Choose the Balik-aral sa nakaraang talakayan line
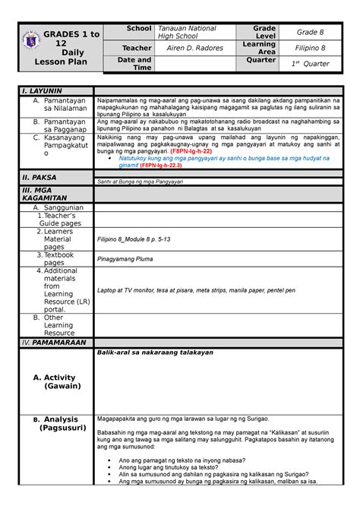[x=154, y=353]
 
